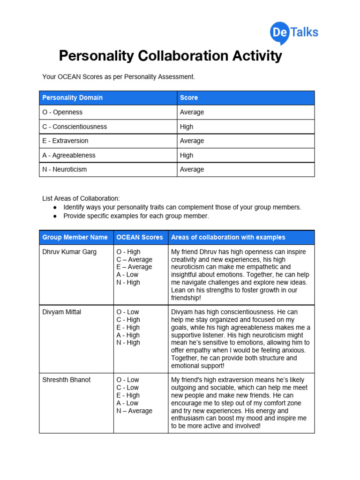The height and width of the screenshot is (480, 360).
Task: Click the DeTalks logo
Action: pos(294,33)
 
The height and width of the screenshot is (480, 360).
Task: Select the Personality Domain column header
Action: pos(73,98)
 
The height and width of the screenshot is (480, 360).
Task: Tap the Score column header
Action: pos(189,98)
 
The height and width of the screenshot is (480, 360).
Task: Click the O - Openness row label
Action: pos(62,112)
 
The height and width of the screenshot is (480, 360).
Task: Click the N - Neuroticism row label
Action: pos(64,170)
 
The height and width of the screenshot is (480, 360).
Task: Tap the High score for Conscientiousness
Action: pos(187,127)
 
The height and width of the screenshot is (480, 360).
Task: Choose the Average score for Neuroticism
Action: pos(192,170)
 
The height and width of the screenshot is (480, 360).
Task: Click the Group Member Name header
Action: pos(75,237)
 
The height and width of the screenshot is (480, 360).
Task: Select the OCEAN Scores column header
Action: pos(140,237)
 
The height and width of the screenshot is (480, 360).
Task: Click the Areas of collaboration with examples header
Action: pos(228,237)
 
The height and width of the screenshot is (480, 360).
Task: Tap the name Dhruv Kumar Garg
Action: pos(69,252)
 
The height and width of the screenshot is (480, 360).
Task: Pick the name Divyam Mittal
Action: pos(61,312)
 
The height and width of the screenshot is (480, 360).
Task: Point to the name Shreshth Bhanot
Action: pos(66,380)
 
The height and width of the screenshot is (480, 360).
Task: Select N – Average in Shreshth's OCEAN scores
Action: pos(135,411)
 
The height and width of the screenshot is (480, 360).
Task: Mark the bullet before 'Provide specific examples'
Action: pos(55,217)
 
